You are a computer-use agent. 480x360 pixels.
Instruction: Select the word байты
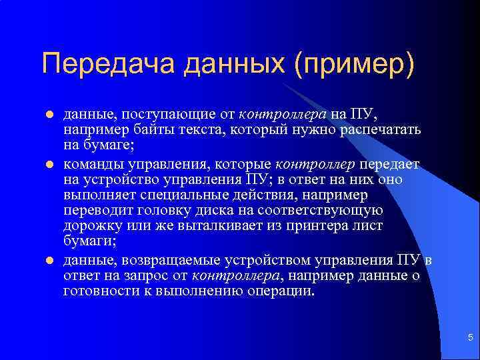click(151, 129)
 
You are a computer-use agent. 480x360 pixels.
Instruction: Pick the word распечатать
click(383, 129)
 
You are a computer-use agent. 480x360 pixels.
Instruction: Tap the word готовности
click(97, 291)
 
